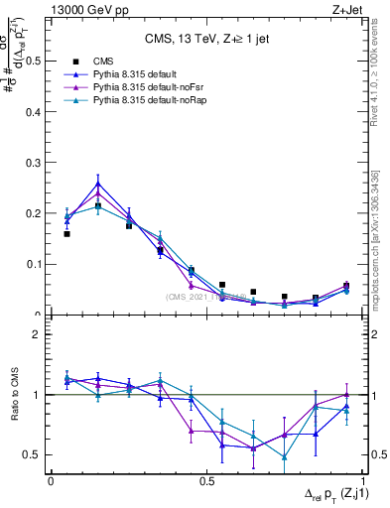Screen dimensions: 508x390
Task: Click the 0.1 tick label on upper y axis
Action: (36, 264)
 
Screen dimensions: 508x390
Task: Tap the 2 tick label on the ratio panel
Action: (41, 334)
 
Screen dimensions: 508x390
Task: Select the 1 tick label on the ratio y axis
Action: (41, 395)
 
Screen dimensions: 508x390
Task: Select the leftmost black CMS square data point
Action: (66, 234)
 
